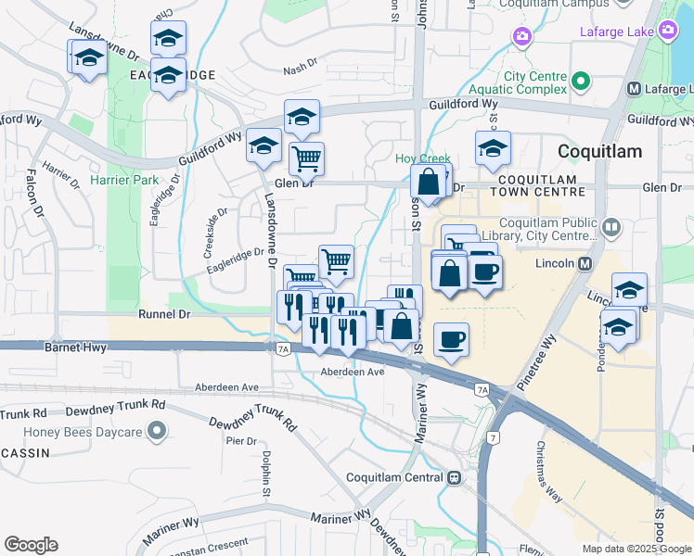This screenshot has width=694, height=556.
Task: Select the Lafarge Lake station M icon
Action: click(x=635, y=89)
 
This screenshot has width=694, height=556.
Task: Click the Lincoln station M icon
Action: click(x=585, y=263)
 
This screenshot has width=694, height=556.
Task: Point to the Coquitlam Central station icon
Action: click(x=454, y=477)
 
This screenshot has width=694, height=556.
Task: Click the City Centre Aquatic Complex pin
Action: click(x=582, y=82)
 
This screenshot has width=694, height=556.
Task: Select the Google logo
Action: click(x=31, y=545)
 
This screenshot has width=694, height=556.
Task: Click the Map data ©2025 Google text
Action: click(x=636, y=549)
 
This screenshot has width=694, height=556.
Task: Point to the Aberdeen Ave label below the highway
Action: click(x=351, y=371)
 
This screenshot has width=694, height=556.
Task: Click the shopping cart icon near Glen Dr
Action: click(x=306, y=158)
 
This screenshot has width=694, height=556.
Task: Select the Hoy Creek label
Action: click(x=423, y=159)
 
